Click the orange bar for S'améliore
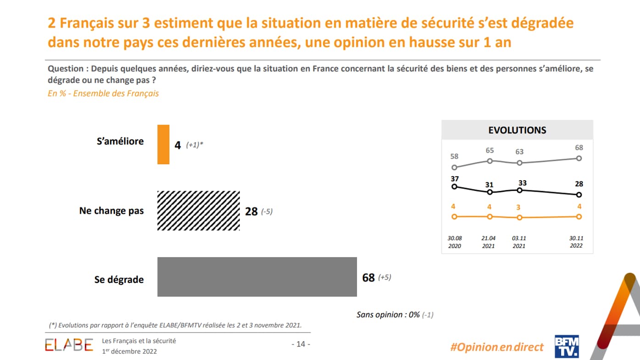point(163,144)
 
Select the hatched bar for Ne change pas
point(198,210)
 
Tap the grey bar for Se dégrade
point(257,277)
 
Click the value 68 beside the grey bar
point(368,277)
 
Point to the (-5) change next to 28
point(267,211)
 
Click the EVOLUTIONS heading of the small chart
point(517,130)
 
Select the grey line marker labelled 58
point(454,168)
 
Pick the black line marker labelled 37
point(454,186)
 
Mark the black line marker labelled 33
point(519,190)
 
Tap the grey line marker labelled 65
point(490,161)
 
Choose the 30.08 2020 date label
point(455,242)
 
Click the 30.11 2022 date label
point(576,242)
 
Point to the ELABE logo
point(69,345)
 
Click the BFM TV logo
point(567,346)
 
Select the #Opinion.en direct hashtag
point(497,347)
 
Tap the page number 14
point(301,344)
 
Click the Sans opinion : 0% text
point(388,315)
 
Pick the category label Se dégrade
point(119,279)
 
